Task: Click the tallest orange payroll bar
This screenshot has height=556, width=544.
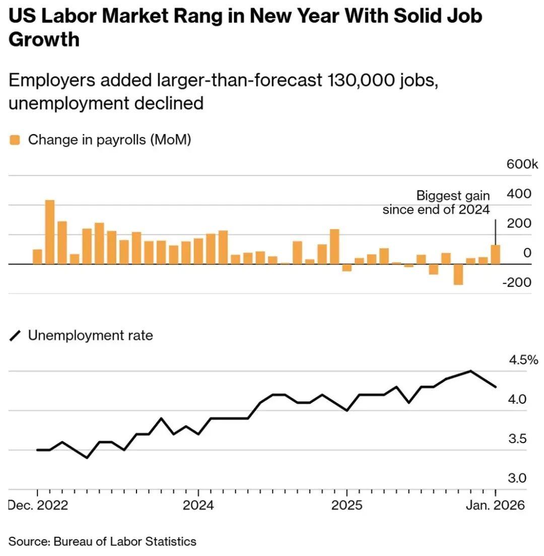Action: coord(50,232)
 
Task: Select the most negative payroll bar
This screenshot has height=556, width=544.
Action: coord(458,274)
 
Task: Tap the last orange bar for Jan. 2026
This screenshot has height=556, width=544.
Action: coord(496,255)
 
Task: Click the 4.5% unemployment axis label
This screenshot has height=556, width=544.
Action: coord(523,360)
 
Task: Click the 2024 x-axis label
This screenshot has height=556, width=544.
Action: coord(198,505)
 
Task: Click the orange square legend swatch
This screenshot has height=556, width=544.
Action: coord(15,140)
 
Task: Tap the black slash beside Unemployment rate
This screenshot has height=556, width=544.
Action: coord(16,336)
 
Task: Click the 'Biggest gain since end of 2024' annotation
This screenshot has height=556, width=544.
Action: coord(436,202)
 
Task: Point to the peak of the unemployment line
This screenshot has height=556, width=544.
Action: coord(470,371)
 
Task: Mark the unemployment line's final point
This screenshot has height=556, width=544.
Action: coord(496,387)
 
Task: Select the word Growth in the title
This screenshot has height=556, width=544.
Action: coord(44,39)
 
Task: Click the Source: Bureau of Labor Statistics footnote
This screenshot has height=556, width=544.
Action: coord(103,542)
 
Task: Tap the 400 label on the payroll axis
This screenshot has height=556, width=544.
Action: coord(521,194)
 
